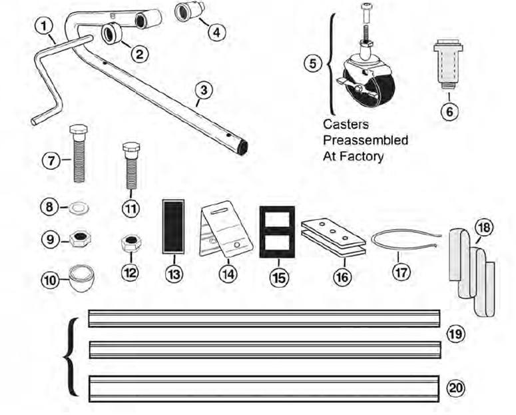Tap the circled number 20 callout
click(456, 386)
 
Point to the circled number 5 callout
click(312, 65)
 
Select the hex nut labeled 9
click(81, 238)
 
